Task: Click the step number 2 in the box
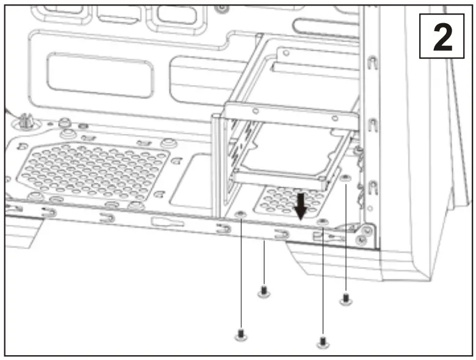442,37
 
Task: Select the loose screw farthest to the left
240,334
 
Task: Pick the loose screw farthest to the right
346,298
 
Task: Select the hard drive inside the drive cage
287,156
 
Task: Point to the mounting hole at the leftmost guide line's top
241,213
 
